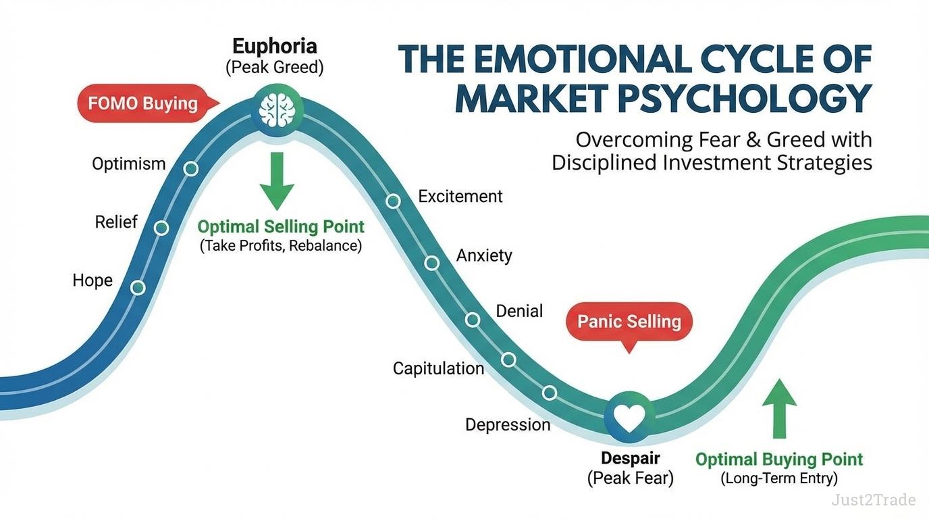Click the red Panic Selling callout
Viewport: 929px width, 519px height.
[x=629, y=321]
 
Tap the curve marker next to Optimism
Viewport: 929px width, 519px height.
[x=191, y=168]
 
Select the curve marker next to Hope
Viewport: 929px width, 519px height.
[x=138, y=288]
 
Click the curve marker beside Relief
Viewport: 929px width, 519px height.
[x=161, y=228]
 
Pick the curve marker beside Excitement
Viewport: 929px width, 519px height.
[x=393, y=201]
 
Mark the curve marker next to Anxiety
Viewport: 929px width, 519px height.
[x=432, y=263]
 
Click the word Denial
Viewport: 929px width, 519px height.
[x=519, y=311]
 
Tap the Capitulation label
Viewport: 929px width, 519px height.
[x=438, y=368]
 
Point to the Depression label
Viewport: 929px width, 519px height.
[x=508, y=425]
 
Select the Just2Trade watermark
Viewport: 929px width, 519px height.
[x=873, y=500]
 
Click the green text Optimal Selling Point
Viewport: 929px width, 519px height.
[x=281, y=227]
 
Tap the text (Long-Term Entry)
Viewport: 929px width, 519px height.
[x=779, y=479]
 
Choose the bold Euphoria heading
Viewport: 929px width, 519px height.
[x=274, y=47]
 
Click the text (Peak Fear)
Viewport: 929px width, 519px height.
[x=630, y=479]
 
